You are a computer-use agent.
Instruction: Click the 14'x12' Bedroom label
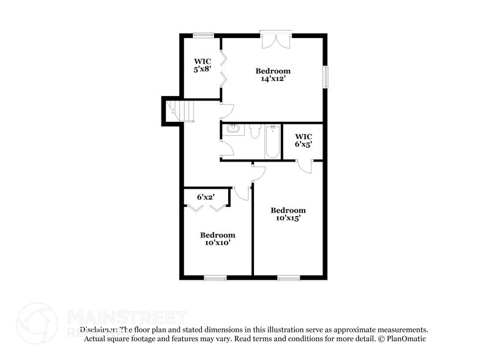[273, 75]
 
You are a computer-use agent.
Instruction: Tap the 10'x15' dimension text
[288, 217]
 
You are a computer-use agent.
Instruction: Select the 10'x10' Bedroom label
[217, 238]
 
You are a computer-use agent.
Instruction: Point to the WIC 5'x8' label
[203, 66]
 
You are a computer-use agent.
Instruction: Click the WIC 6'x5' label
[303, 140]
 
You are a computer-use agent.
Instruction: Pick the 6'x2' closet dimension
[206, 197]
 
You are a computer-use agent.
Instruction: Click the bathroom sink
[233, 129]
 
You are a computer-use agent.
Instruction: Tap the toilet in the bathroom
[255, 130]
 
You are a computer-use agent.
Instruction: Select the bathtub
[272, 141]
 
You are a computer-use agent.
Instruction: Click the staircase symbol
[182, 111]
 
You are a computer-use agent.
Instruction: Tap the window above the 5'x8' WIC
[203, 34]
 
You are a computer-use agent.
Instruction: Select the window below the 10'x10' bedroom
[215, 278]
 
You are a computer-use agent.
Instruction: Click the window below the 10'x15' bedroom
[288, 278]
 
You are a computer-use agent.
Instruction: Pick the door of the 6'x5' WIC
[304, 166]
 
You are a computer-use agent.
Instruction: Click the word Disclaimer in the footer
[100, 329]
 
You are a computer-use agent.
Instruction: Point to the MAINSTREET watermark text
[125, 317]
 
